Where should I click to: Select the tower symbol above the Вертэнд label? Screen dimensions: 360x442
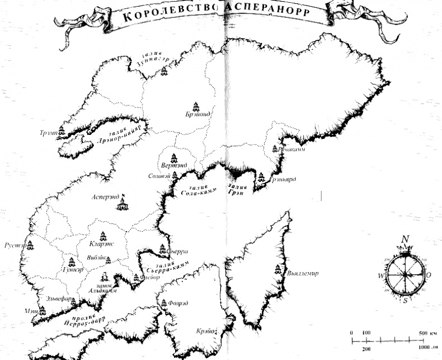point(174,156)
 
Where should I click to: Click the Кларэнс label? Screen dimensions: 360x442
point(102,244)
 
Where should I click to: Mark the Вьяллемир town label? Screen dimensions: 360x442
point(302,274)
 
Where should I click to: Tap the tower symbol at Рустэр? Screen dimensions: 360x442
point(30,244)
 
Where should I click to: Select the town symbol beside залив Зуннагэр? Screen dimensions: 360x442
point(163,71)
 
